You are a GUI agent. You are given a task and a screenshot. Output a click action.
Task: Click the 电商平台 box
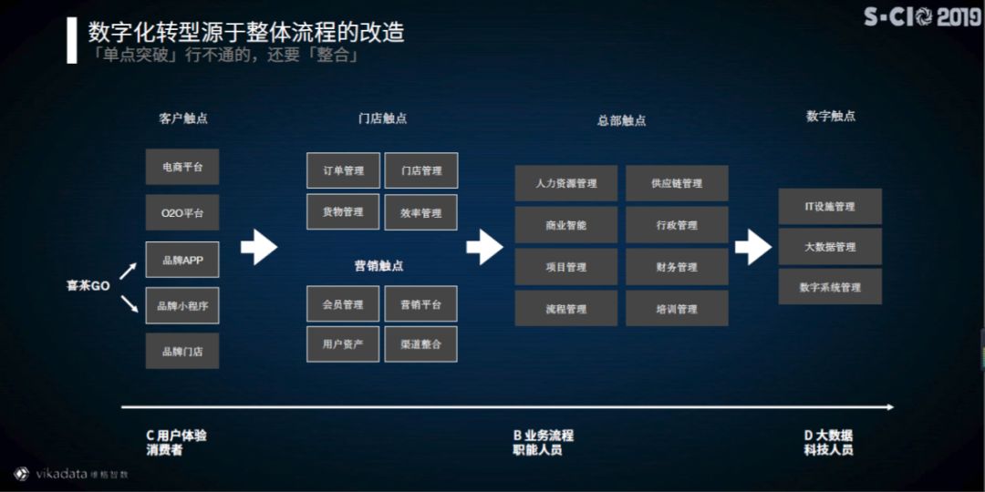pyautogui.click(x=182, y=167)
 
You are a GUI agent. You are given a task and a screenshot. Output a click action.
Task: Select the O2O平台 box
pyautogui.click(x=182, y=212)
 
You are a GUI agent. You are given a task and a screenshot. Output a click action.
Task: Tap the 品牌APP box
pyautogui.click(x=182, y=260)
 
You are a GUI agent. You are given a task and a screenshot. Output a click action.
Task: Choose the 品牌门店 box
pyautogui.click(x=182, y=351)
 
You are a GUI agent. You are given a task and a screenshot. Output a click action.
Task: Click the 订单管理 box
pyautogui.click(x=343, y=170)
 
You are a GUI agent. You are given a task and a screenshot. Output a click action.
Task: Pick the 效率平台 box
pyautogui.click(x=420, y=212)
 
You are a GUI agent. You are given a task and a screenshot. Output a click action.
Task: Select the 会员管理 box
pyautogui.click(x=343, y=304)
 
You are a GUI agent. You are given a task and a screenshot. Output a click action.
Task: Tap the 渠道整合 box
pyautogui.click(x=420, y=343)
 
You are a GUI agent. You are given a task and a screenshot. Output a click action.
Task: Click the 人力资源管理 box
pyautogui.click(x=566, y=183)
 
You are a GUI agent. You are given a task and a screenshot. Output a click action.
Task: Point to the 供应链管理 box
pyautogui.click(x=677, y=183)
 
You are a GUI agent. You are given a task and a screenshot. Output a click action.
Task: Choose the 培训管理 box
pyautogui.click(x=677, y=309)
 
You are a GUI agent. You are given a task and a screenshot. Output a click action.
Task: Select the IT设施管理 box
pyautogui.click(x=830, y=207)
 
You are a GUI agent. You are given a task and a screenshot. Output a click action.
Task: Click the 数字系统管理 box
pyautogui.click(x=830, y=287)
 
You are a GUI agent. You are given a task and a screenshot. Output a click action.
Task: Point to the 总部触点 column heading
pyautogui.click(x=621, y=120)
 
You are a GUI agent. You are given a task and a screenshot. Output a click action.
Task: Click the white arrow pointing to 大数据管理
pyautogui.click(x=753, y=246)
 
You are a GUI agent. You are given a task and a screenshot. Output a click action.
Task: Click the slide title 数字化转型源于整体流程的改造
pyautogui.click(x=246, y=33)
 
